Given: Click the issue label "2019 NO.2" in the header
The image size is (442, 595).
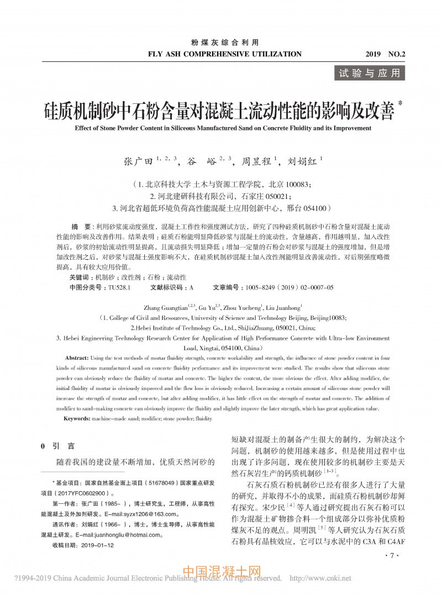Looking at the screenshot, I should tap(385, 54).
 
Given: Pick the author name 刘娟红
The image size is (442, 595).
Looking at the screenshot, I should tap(300, 162).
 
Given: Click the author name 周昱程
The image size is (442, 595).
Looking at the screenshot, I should tap(255, 162).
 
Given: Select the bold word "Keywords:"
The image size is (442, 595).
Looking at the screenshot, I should tap(78, 419).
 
